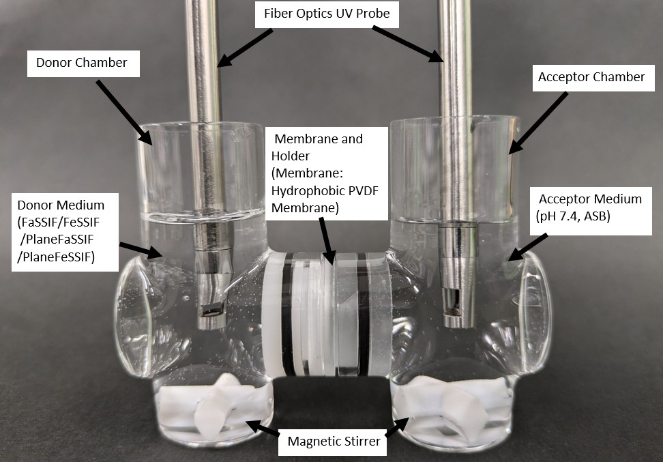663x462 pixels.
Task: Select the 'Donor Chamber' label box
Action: point(82,63)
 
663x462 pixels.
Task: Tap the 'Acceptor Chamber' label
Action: point(591,77)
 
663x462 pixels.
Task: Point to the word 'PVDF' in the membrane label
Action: point(359,190)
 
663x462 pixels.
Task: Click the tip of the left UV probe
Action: point(211,314)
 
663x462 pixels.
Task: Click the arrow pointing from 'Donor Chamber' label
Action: point(123,112)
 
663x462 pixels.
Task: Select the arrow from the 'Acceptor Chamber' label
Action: point(539,122)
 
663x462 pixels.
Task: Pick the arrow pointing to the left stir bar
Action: point(263,428)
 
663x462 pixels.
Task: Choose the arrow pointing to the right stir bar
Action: point(396,428)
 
